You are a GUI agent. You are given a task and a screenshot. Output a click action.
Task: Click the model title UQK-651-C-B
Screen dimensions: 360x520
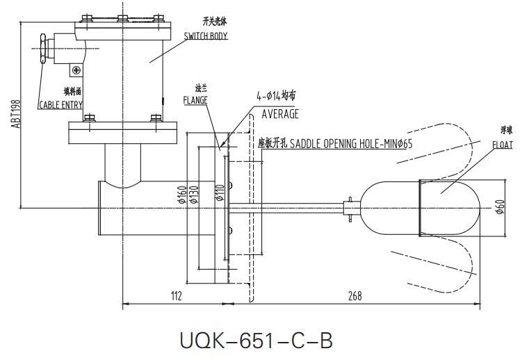click(x=256, y=341)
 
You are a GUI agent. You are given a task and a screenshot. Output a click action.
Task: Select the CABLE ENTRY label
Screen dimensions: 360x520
click(x=60, y=105)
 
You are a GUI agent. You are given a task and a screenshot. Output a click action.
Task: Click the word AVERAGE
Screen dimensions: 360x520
click(x=280, y=114)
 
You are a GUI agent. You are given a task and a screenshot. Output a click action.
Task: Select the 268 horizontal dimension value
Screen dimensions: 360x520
click(x=355, y=297)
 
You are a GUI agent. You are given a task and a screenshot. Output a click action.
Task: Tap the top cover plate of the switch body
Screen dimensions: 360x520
click(x=122, y=20)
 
